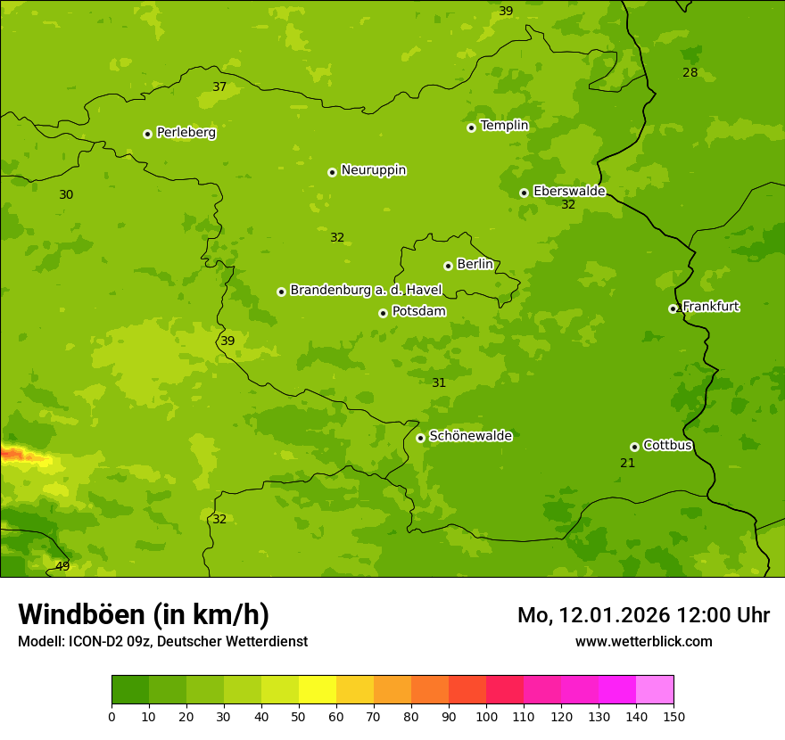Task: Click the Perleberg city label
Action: tap(186, 133)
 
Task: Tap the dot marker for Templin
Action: tap(471, 127)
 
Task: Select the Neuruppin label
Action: tap(373, 170)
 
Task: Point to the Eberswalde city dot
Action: tap(524, 193)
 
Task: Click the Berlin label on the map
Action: tap(475, 265)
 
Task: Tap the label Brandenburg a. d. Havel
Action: tap(366, 290)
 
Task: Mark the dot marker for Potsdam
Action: tap(383, 313)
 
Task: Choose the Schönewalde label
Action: tap(470, 436)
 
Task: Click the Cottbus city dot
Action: tap(634, 447)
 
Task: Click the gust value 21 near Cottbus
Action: tap(627, 463)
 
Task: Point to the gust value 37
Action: tap(219, 86)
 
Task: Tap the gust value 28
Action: tap(690, 72)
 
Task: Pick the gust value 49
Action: tap(62, 566)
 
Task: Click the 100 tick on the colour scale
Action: tap(486, 716)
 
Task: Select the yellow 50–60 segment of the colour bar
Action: tap(318, 690)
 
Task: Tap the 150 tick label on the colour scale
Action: tap(673, 716)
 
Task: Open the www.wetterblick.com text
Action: tap(643, 641)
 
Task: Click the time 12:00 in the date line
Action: tap(705, 615)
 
